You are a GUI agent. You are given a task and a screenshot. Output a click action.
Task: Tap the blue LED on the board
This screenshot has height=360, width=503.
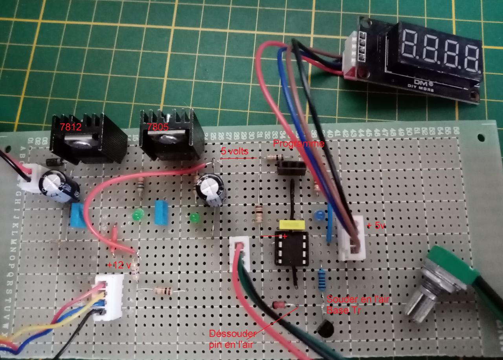[319, 215]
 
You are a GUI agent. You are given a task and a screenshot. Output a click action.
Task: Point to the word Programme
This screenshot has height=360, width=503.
[299, 144]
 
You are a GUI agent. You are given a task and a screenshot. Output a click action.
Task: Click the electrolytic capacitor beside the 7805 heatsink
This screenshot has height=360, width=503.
[211, 190]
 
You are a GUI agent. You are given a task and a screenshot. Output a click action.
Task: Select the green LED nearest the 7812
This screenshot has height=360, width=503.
[137, 216]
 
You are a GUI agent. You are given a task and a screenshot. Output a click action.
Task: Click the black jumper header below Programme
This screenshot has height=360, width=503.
[291, 169]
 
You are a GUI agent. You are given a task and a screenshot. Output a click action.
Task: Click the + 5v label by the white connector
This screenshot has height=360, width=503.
[376, 226]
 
